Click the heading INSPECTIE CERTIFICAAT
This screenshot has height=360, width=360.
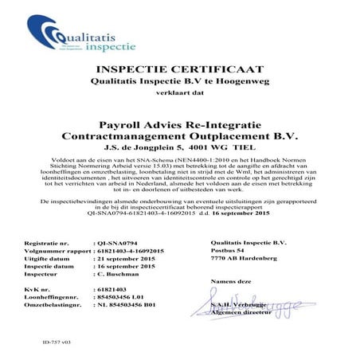tap(179, 70)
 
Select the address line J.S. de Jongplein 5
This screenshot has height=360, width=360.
tap(179, 147)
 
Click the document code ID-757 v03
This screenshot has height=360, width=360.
tap(33, 342)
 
